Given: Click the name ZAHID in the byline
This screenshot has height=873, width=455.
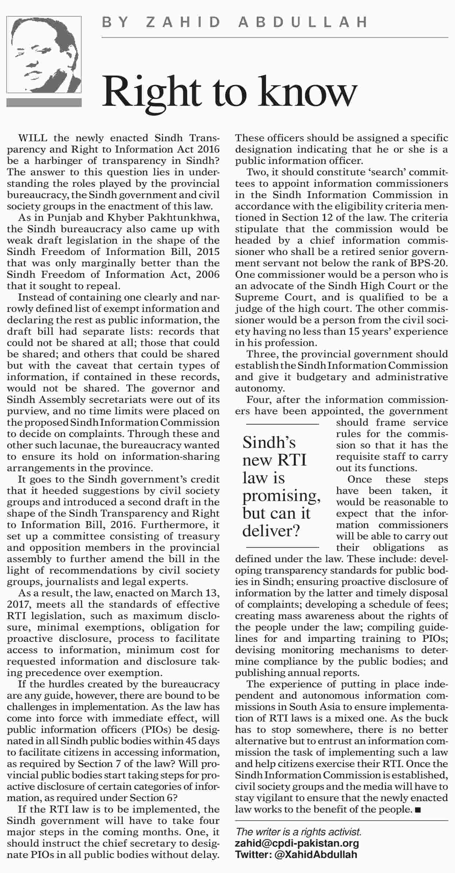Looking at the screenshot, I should [183, 23].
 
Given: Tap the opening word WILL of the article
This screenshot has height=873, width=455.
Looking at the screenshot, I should [33, 138].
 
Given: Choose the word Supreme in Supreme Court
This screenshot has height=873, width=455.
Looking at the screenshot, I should [253, 297].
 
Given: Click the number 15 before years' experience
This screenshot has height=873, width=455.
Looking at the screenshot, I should [366, 332].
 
